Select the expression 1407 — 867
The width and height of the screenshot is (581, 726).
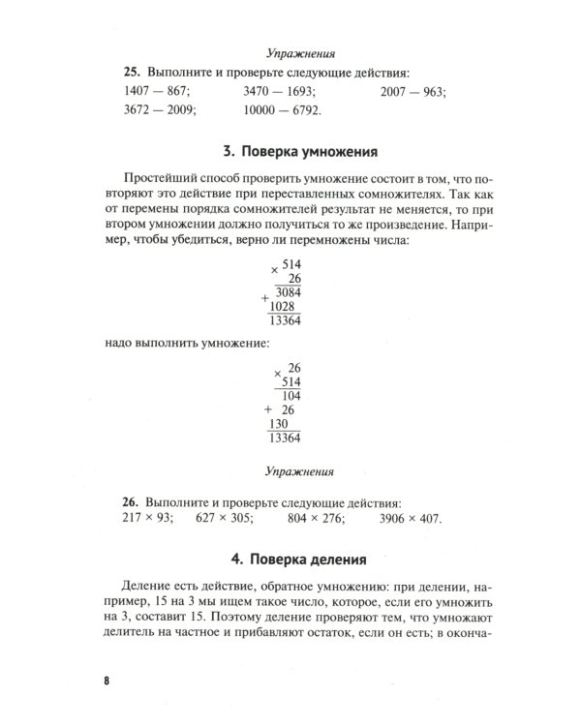[158, 92]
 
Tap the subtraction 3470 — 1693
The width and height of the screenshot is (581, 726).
[280, 92]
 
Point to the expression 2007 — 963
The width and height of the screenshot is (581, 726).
[419, 92]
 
